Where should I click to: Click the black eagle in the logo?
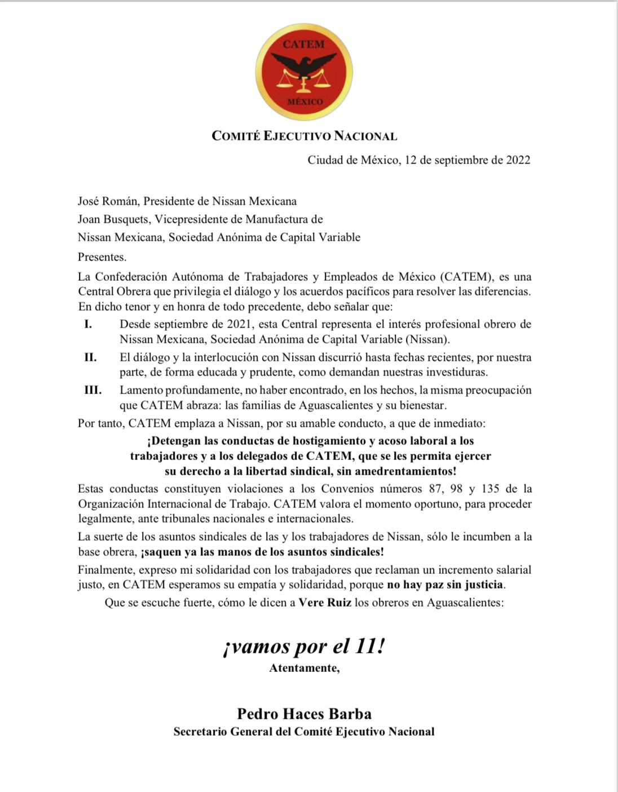coord(304,65)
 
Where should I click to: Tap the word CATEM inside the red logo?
coord(304,44)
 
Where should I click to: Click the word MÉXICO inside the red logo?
coord(305,102)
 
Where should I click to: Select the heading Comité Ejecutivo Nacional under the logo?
coord(304,136)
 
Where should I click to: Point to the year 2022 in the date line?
coord(518,160)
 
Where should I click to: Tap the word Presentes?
coord(102,257)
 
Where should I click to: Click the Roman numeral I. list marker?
coord(88,324)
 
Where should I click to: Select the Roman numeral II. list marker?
coord(90,357)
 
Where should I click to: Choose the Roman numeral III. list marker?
coord(92,390)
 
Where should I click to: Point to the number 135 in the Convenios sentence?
coord(488,488)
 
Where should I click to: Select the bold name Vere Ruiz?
coord(325,602)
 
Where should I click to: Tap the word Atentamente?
coord(304,669)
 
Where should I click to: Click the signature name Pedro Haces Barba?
coord(304,714)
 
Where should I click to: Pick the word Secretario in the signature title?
coord(201,732)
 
